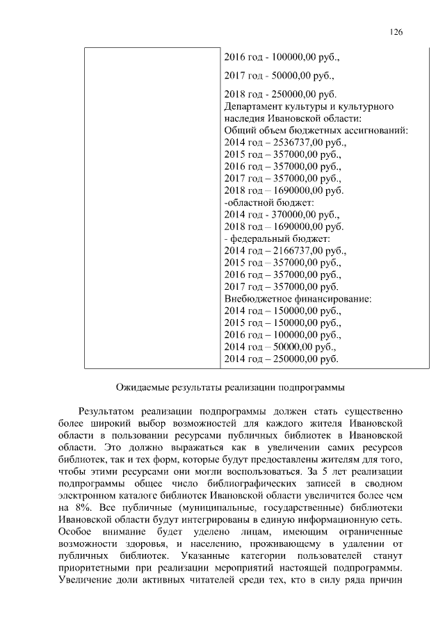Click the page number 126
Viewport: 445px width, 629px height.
[x=396, y=32]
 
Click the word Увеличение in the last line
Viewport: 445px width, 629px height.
[x=86, y=580]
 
